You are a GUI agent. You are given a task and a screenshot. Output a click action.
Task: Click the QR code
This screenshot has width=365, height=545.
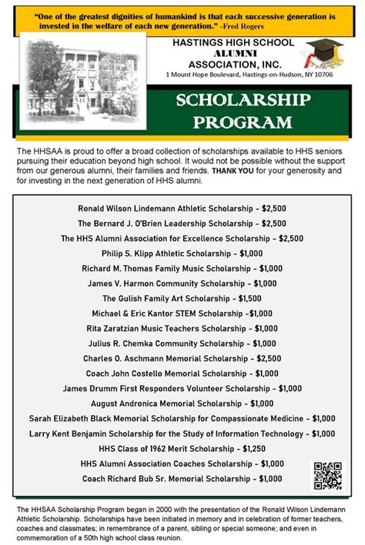point(326,476)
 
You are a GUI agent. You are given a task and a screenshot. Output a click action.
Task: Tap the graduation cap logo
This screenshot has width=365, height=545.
point(322,53)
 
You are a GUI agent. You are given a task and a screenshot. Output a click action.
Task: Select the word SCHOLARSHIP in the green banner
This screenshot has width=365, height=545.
point(243,101)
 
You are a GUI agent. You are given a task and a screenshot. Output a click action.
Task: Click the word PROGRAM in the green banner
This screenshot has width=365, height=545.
point(243,121)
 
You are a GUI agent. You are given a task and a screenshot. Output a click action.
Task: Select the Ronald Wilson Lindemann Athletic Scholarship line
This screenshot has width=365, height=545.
point(182,208)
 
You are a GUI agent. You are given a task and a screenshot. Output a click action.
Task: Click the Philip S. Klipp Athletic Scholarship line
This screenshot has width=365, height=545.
point(182,254)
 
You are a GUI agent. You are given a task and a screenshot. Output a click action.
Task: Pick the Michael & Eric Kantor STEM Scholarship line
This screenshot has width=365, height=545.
point(182,314)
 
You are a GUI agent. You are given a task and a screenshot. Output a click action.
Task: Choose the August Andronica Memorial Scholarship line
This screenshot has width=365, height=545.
point(182,404)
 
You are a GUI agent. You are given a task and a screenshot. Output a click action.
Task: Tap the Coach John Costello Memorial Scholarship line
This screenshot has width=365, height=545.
point(182,374)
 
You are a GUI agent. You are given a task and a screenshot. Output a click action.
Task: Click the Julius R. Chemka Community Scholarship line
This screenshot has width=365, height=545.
point(182,344)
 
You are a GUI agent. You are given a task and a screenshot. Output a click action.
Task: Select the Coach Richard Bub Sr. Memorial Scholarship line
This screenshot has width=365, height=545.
point(182,478)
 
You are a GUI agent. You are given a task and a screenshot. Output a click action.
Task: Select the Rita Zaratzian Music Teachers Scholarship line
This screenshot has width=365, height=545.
point(182,328)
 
